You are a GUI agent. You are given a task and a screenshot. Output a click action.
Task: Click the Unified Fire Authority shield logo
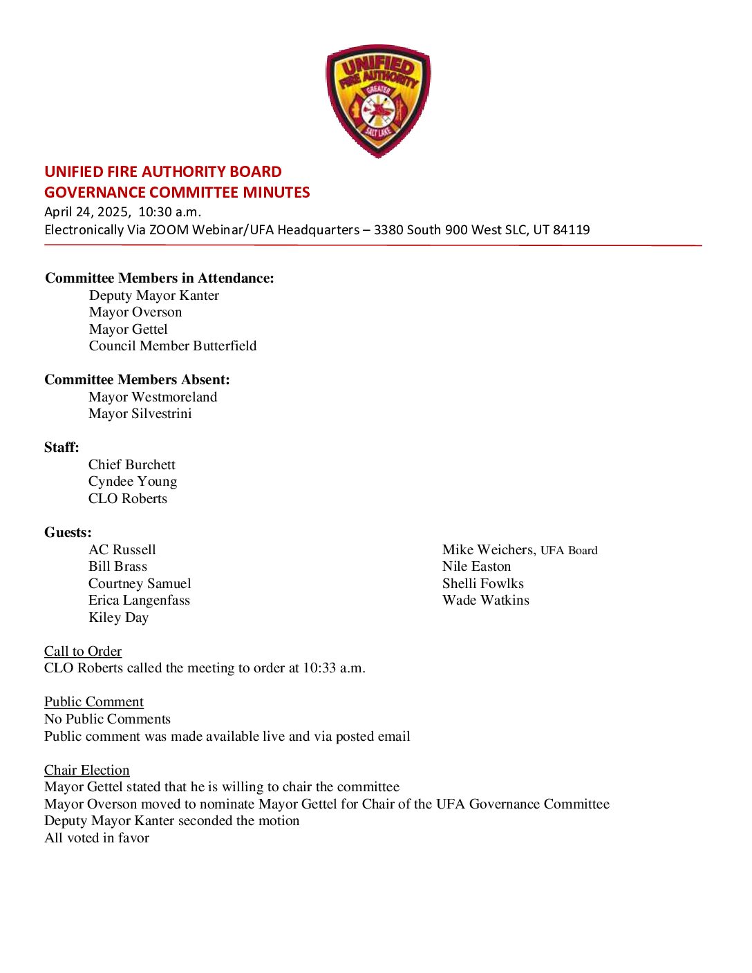[x=378, y=101]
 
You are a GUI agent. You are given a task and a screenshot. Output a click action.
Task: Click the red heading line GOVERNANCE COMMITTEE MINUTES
[x=177, y=192]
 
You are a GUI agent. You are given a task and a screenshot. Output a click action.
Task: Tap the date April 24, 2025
[x=87, y=212]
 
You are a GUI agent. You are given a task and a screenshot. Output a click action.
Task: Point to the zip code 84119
[x=571, y=230]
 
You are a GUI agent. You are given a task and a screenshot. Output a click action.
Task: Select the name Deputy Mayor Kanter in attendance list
[x=154, y=296]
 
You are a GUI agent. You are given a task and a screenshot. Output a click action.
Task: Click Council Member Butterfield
[x=173, y=346]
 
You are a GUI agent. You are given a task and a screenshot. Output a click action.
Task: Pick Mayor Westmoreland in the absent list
[x=153, y=397]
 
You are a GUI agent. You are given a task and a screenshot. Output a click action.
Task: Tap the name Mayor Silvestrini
[x=140, y=414]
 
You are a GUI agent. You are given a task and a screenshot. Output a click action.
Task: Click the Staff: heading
[x=62, y=448]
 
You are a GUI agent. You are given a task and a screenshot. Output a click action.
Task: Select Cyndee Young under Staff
[x=133, y=482]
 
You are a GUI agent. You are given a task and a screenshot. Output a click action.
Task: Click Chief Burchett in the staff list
[x=132, y=465]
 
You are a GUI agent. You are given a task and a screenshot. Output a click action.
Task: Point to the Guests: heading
[x=68, y=533]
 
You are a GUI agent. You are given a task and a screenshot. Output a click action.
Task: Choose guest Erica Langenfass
[x=139, y=601]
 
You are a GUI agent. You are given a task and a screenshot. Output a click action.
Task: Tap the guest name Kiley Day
[x=118, y=618]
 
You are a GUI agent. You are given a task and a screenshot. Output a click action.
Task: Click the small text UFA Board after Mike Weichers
[x=569, y=551]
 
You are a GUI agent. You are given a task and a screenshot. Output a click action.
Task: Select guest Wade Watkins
[x=486, y=601]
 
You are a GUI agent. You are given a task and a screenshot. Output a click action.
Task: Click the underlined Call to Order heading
[x=83, y=652]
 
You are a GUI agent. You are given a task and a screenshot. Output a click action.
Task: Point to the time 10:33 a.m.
[x=334, y=668]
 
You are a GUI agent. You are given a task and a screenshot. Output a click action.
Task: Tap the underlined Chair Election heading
[x=87, y=771]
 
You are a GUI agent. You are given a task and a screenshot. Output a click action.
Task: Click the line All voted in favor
[x=97, y=838]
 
